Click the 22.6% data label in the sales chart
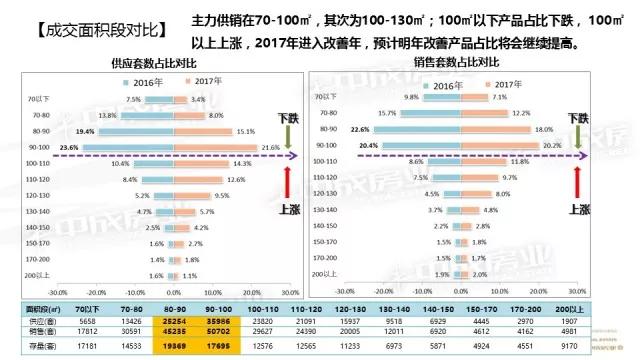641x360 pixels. pos(362,129)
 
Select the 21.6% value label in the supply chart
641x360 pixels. pos(270,148)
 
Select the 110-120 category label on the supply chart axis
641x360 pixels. pos(39,179)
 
